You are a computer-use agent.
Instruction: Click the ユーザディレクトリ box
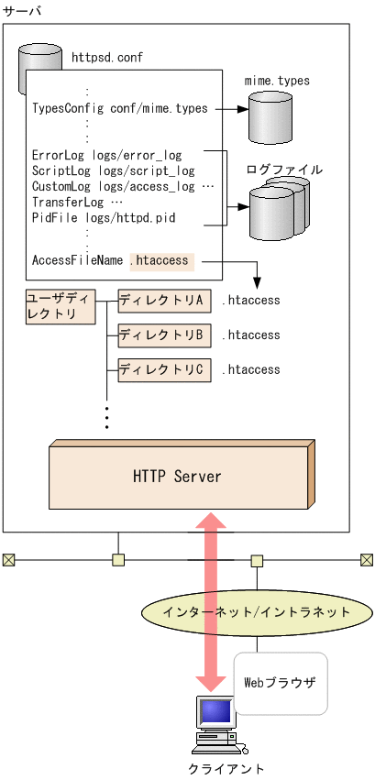pos(61,307)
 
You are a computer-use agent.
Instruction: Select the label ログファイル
pos(284,170)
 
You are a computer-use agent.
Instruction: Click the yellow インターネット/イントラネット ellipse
pos(257,611)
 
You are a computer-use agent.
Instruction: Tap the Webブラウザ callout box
pos(281,683)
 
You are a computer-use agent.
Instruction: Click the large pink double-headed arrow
pos(212,600)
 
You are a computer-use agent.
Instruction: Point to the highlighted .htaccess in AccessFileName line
pos(160,260)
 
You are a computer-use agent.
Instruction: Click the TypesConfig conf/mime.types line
pos(120,108)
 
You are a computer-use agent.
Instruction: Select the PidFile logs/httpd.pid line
pos(103,217)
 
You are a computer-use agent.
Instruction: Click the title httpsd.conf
pos(106,57)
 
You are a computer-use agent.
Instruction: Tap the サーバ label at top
pos(22,9)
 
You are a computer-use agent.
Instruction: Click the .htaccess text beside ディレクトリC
pos(251,369)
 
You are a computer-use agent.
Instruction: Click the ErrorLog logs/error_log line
pos(106,156)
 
